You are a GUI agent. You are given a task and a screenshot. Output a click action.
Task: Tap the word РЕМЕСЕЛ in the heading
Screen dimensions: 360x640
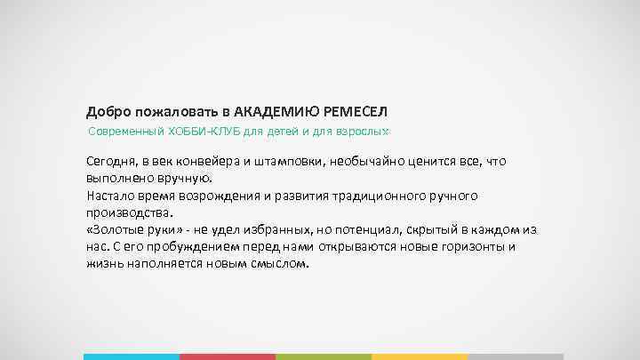pos(357,112)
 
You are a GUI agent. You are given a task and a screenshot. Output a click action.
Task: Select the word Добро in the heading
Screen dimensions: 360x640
pos(106,112)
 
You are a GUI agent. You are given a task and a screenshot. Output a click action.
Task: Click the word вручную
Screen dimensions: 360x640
pos(184,178)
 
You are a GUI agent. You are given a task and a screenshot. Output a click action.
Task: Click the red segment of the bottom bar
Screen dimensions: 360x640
pos(227,356)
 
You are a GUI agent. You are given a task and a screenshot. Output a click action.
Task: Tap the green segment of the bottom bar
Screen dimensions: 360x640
pos(323,356)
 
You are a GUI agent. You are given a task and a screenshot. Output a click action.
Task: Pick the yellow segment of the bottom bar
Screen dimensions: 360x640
pos(419,356)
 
